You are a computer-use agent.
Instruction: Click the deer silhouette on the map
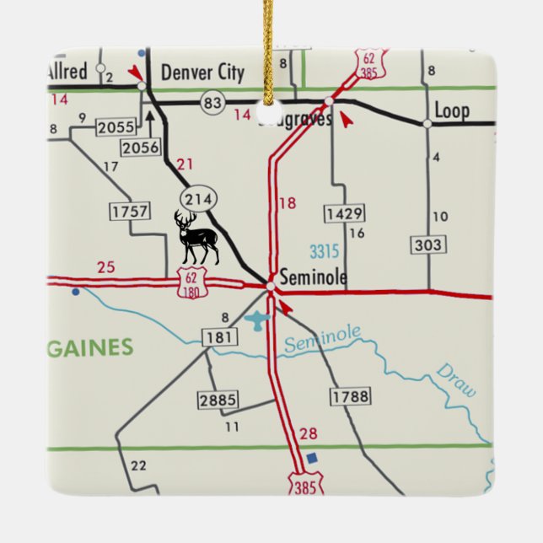(196, 238)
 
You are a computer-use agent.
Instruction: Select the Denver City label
(202, 72)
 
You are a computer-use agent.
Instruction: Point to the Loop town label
(451, 110)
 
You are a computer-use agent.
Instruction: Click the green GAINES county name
(90, 347)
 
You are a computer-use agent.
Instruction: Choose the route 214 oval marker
(198, 199)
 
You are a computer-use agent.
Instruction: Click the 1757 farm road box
(130, 211)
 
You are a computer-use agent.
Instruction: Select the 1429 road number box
(343, 212)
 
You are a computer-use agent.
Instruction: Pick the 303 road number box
(428, 245)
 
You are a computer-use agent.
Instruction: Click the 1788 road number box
(349, 395)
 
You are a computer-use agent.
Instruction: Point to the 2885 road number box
(218, 400)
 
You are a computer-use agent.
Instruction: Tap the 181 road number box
(217, 337)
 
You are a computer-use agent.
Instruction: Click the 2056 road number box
(141, 148)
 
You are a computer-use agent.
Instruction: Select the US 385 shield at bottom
(304, 484)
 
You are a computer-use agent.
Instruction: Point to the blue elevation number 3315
(325, 251)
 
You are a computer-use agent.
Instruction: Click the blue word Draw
(456, 381)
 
